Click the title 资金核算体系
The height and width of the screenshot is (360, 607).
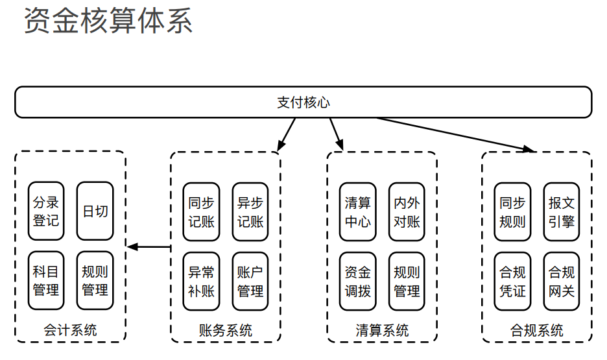tap(108, 21)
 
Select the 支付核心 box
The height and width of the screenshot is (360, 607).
tap(303, 102)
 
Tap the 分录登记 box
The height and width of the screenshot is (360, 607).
tap(46, 211)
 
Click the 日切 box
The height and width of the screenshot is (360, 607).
tap(95, 211)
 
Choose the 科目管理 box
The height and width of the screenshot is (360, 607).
tap(46, 281)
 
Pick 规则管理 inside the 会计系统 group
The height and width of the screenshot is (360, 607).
tap(95, 281)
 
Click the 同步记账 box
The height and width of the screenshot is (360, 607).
tap(201, 211)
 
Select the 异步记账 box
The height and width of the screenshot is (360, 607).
tap(250, 211)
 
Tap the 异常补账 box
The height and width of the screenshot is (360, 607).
tap(201, 282)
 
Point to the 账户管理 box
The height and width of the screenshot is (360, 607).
tap(250, 282)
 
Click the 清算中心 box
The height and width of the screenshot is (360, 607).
tap(358, 211)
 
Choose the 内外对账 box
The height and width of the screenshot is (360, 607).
tap(407, 211)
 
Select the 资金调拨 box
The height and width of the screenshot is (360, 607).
tap(358, 282)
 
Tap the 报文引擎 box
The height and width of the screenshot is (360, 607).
tap(562, 211)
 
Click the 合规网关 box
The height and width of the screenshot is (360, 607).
tap(562, 282)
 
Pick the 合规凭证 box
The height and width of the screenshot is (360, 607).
tap(512, 282)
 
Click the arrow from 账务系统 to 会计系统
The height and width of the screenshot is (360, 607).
tap(149, 246)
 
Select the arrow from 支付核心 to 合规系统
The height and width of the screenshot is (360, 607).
tap(456, 135)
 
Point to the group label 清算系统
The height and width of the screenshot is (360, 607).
tap(382, 330)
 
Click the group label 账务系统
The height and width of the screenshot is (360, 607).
tap(225, 330)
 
